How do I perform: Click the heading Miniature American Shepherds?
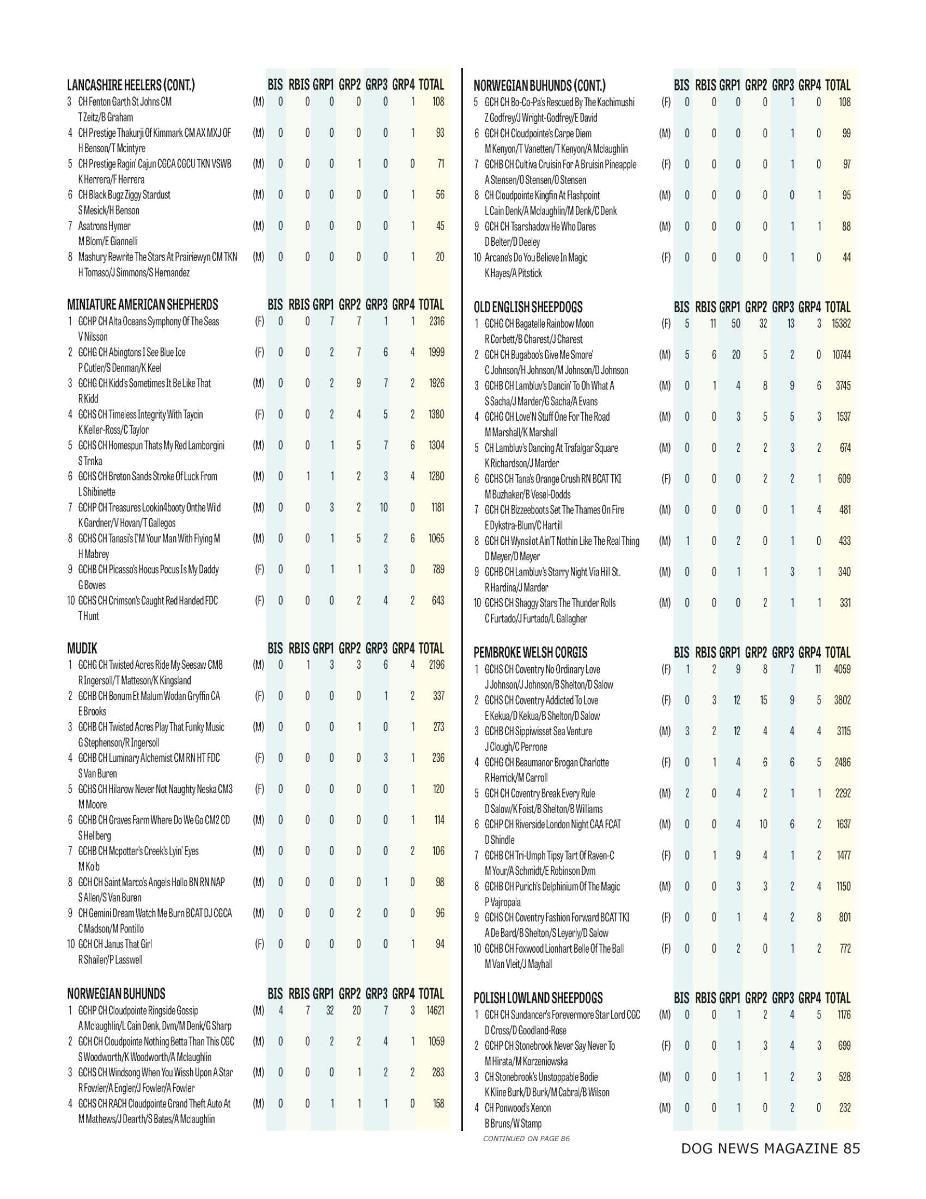[142, 305]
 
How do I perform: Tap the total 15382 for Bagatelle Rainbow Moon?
[841, 324]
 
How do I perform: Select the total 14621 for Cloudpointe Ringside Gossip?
[435, 1010]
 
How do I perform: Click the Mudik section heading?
[82, 649]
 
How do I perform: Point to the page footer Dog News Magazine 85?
[770, 1164]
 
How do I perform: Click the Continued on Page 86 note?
[526, 1139]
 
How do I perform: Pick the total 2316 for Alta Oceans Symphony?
[436, 321]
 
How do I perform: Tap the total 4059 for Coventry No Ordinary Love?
[842, 669]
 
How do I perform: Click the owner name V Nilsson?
[93, 337]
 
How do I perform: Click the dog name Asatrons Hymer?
[104, 226]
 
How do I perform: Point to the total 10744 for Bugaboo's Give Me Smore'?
[841, 355]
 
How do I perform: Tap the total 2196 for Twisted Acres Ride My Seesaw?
[436, 665]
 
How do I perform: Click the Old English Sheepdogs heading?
[528, 307]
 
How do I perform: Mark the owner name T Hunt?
[88, 616]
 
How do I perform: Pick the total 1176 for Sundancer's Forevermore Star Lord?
[843, 1015]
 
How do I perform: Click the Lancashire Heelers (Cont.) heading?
[131, 86]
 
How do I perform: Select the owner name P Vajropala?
[503, 902]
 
